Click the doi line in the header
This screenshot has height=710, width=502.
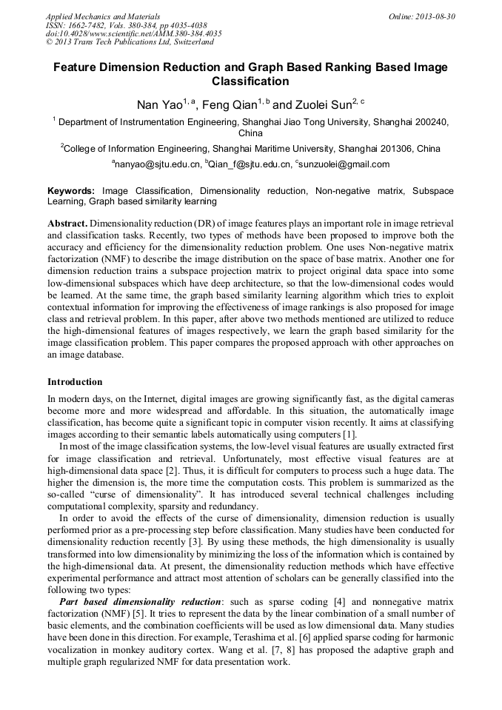[133, 34]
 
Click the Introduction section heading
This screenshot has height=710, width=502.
[75, 382]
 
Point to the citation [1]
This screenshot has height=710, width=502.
[350, 433]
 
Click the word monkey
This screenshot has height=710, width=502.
[124, 649]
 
